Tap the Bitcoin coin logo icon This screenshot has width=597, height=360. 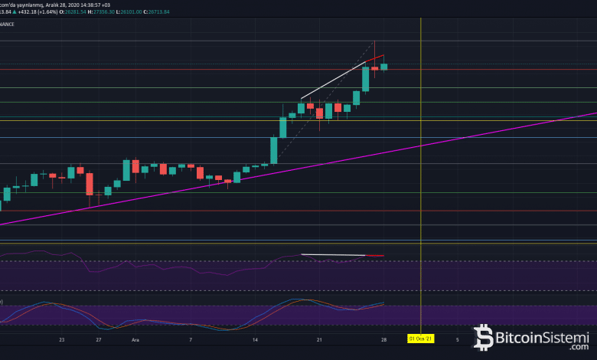[x=484, y=336]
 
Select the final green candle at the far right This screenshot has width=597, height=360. [x=384, y=67]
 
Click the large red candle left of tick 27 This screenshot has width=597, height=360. [x=90, y=184]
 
